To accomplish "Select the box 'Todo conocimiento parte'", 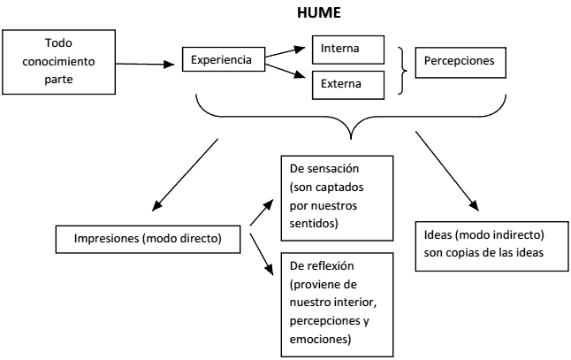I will (x=59, y=63).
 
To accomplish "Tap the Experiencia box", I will (x=223, y=61).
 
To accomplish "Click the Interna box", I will (x=347, y=46).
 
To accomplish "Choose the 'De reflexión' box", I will (x=338, y=302).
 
